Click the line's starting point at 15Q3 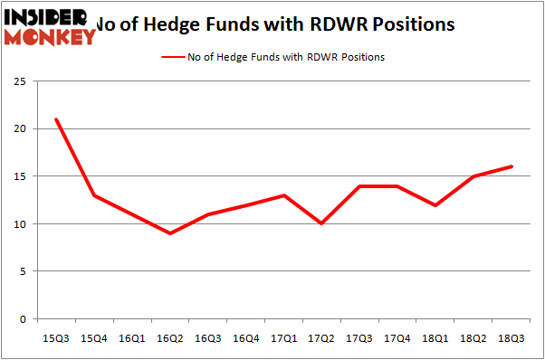coord(56,119)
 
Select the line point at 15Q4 coord(94,195)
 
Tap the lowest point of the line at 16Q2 coord(170,233)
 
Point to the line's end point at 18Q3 coord(512,166)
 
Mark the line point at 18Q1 coord(436,205)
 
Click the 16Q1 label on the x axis coord(132,337)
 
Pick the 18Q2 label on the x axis coord(474,337)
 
